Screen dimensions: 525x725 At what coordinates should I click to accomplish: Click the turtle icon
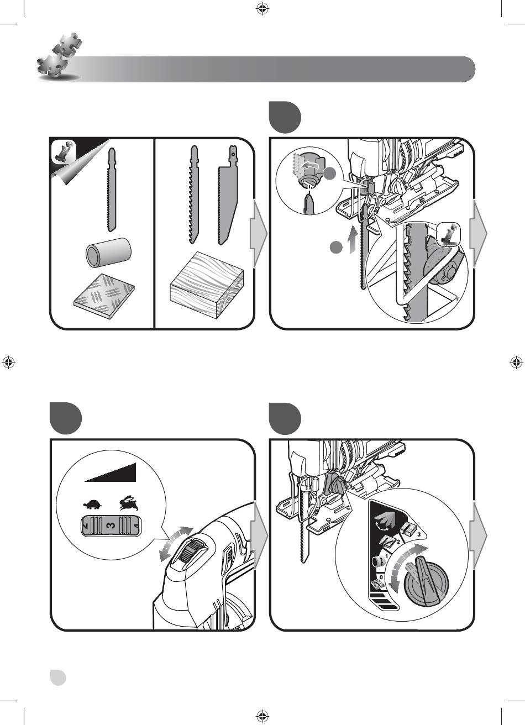93,505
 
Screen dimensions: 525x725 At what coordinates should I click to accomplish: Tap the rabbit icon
129,503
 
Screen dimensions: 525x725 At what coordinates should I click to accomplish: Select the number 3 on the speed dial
111,526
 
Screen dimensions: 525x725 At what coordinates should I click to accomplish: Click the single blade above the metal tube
111,190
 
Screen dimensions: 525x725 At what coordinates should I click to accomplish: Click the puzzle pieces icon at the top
59,56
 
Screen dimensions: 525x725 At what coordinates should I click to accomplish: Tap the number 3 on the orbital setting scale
419,534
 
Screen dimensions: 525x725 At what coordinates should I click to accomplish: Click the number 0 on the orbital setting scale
381,577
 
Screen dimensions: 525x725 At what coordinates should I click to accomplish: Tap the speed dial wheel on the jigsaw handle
188,553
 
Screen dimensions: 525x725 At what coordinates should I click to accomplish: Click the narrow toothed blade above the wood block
193,194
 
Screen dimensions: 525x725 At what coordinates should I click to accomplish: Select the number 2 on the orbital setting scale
398,542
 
